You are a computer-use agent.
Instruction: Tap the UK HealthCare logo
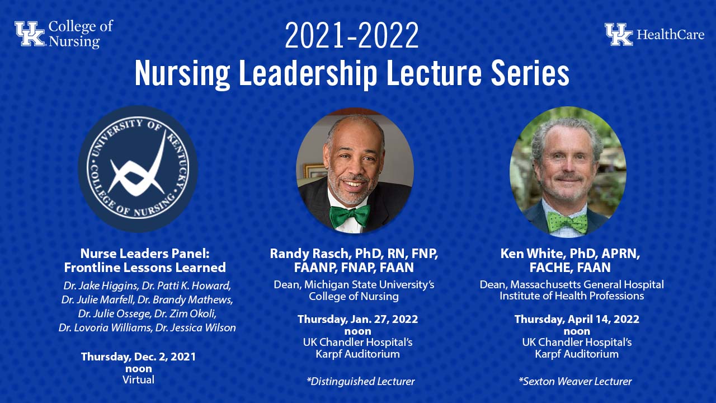click(654, 34)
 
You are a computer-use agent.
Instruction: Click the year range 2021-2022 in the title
click(351, 36)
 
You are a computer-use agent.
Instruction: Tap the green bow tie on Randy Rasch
click(350, 215)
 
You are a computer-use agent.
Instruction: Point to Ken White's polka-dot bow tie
click(567, 222)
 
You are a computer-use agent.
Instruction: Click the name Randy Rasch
click(307, 254)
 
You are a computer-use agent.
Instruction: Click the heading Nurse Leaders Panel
click(144, 253)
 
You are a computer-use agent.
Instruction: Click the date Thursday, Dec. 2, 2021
click(138, 357)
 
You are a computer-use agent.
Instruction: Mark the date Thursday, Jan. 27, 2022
click(357, 319)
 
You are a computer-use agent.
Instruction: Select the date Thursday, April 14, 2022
click(577, 319)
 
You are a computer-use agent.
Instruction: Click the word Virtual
click(138, 379)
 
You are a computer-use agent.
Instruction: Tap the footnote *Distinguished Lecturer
click(360, 382)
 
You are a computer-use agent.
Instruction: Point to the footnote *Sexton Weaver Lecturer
click(575, 382)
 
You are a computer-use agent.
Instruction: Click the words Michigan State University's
click(370, 284)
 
